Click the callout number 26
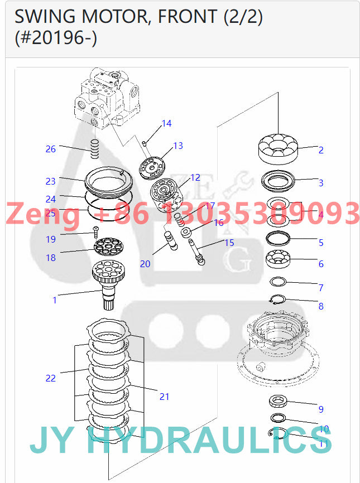coord(51,149)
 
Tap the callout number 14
coord(167,123)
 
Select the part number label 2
coord(321,150)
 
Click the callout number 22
coord(51,378)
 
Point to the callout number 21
coord(164,397)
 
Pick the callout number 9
coord(321,409)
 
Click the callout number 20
coord(145,264)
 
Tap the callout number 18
coord(51,258)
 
